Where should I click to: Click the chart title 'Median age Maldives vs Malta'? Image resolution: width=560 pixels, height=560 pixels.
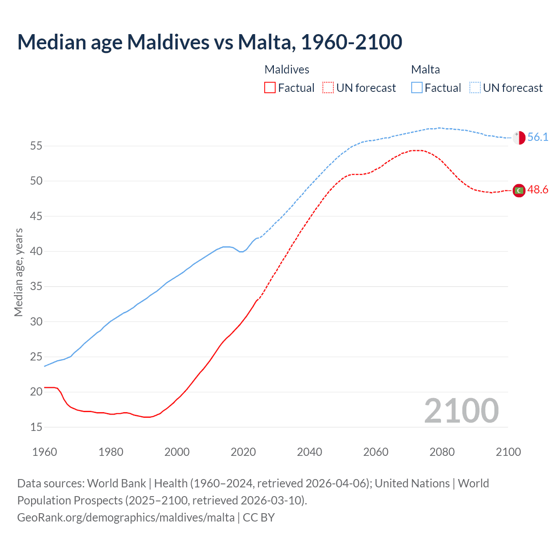tap(210, 42)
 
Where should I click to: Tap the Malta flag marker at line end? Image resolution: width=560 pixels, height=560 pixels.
tap(519, 137)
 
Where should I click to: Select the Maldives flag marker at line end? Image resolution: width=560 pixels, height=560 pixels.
tap(519, 190)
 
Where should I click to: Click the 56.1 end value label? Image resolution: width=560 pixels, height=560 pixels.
tap(538, 137)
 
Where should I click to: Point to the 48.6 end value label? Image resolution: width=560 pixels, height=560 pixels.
tap(538, 190)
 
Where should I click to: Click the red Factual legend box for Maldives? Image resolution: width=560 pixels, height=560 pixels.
tap(270, 88)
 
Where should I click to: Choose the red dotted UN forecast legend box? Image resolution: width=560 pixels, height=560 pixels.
tap(328, 88)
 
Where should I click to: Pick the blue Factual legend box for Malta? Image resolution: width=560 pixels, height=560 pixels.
tap(417, 88)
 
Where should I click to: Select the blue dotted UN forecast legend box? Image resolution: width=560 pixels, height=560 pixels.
tap(475, 88)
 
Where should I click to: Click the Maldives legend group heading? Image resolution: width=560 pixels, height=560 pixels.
tap(287, 70)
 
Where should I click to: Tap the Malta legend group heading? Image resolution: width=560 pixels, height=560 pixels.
tap(425, 70)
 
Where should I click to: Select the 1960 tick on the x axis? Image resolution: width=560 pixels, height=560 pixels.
tap(45, 452)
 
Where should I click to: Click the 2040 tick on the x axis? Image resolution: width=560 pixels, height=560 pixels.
tap(309, 452)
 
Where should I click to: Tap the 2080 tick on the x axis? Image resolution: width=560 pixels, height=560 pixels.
tap(442, 452)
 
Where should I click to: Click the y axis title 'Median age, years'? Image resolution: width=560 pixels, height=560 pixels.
tap(18, 272)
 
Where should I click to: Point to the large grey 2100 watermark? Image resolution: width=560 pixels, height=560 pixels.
tap(462, 411)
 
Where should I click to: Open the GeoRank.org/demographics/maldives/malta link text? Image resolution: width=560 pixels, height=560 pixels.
tap(126, 518)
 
